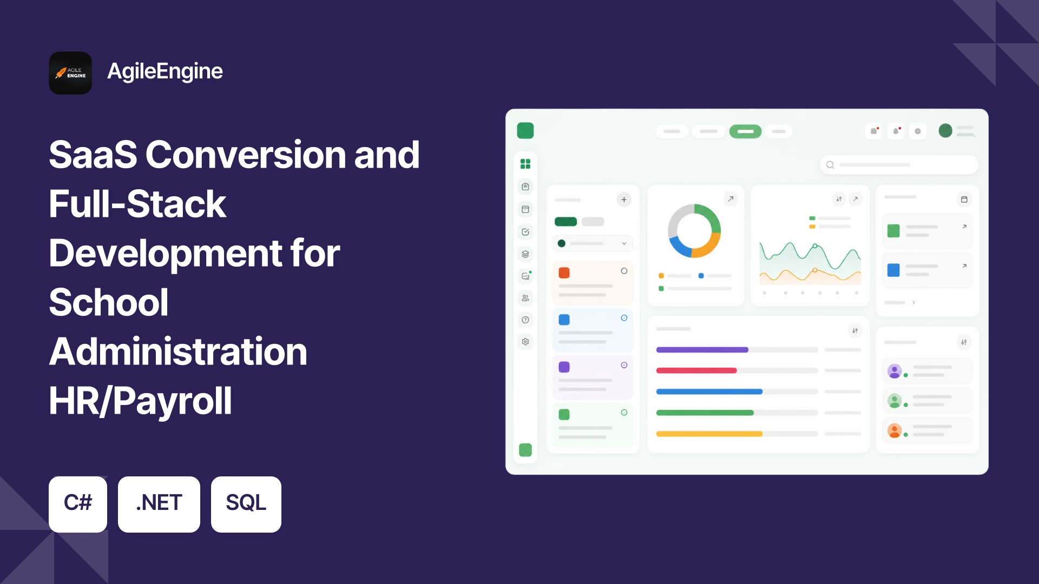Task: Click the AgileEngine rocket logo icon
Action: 70,73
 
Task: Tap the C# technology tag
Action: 78,504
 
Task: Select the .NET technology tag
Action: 159,504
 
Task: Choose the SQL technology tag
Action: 246,504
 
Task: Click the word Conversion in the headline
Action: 245,155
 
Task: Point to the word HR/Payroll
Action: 140,401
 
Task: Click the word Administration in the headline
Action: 178,351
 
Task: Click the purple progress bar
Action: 702,350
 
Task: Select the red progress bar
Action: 696,370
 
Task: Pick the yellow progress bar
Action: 709,434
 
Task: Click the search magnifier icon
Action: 830,165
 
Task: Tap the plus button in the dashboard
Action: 624,200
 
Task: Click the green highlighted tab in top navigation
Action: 745,131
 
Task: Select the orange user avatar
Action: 895,430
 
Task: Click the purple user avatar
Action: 895,371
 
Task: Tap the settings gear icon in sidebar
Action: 525,342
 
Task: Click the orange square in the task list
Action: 564,273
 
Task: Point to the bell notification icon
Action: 896,131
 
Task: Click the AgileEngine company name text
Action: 165,72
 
